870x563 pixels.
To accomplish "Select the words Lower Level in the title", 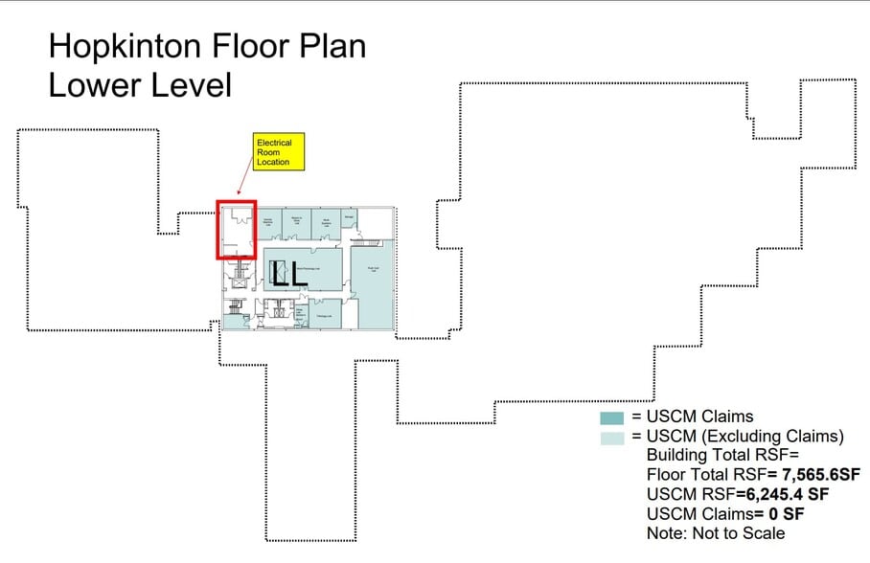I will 140,85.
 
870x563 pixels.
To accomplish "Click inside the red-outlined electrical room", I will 236,229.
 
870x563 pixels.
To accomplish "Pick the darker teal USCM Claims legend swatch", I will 611,417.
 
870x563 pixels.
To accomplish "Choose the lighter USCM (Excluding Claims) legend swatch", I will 611,438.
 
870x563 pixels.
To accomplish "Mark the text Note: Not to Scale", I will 715,533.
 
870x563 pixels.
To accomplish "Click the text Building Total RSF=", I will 715,456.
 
